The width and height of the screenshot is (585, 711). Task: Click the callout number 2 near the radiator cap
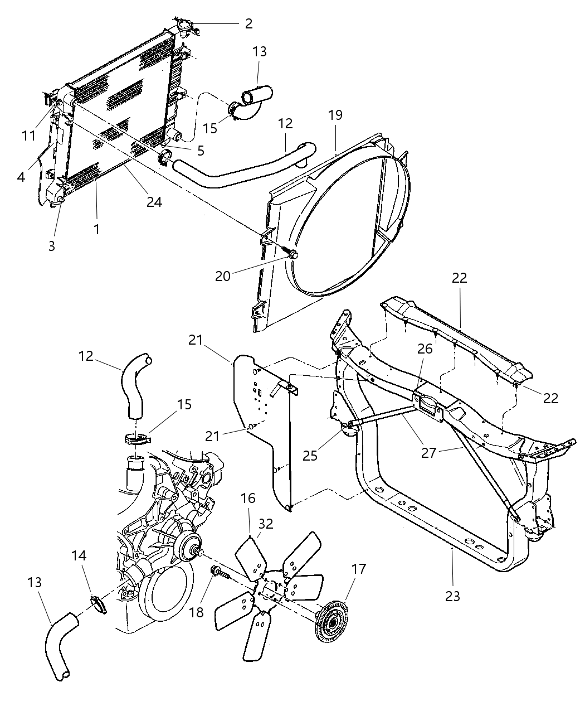(248, 23)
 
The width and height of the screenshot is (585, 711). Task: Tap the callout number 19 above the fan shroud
(335, 115)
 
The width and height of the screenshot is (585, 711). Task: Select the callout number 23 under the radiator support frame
(453, 596)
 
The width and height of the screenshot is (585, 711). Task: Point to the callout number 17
(359, 569)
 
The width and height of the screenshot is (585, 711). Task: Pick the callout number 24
(154, 202)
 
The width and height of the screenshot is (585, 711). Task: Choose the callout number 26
(425, 350)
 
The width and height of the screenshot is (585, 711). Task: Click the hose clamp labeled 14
(97, 603)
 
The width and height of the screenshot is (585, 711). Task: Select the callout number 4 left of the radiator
(21, 177)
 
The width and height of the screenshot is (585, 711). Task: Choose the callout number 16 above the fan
(248, 498)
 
